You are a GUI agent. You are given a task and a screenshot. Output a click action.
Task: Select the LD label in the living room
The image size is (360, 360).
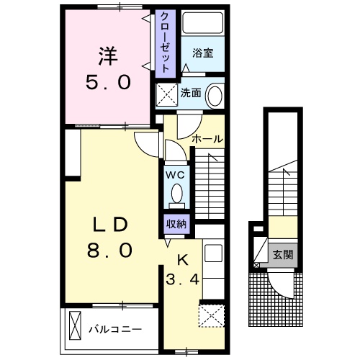[x=109, y=224]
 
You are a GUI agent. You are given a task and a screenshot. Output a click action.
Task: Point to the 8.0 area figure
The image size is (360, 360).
[x=109, y=251]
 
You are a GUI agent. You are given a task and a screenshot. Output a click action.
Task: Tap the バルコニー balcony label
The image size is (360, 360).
[x=115, y=329]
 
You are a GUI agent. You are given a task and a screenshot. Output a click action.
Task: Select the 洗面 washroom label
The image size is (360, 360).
[x=190, y=92]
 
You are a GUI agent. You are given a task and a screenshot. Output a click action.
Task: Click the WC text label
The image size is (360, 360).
[x=176, y=174]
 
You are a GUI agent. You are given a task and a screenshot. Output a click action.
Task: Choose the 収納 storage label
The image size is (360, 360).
[x=176, y=223]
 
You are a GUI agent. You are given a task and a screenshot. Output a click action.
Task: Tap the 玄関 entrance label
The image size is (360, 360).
[x=282, y=254]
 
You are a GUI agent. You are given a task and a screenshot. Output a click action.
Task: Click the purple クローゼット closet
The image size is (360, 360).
[x=166, y=43]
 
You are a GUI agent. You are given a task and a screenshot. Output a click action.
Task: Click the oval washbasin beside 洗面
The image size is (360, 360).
[x=214, y=96]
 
